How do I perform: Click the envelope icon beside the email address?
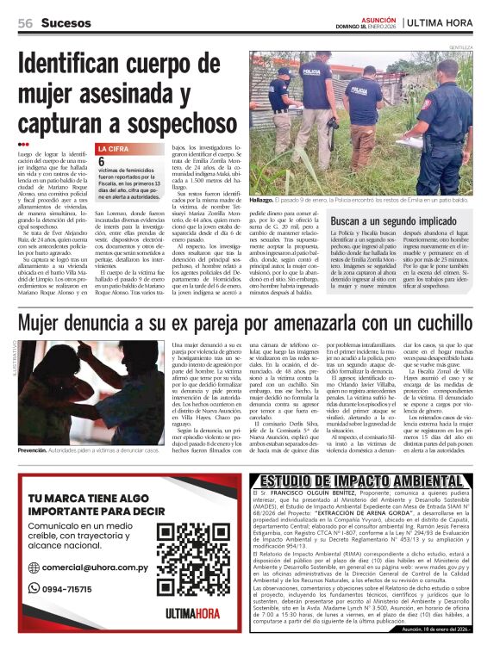(x=34, y=569)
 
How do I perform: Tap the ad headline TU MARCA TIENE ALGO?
(x=78, y=499)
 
